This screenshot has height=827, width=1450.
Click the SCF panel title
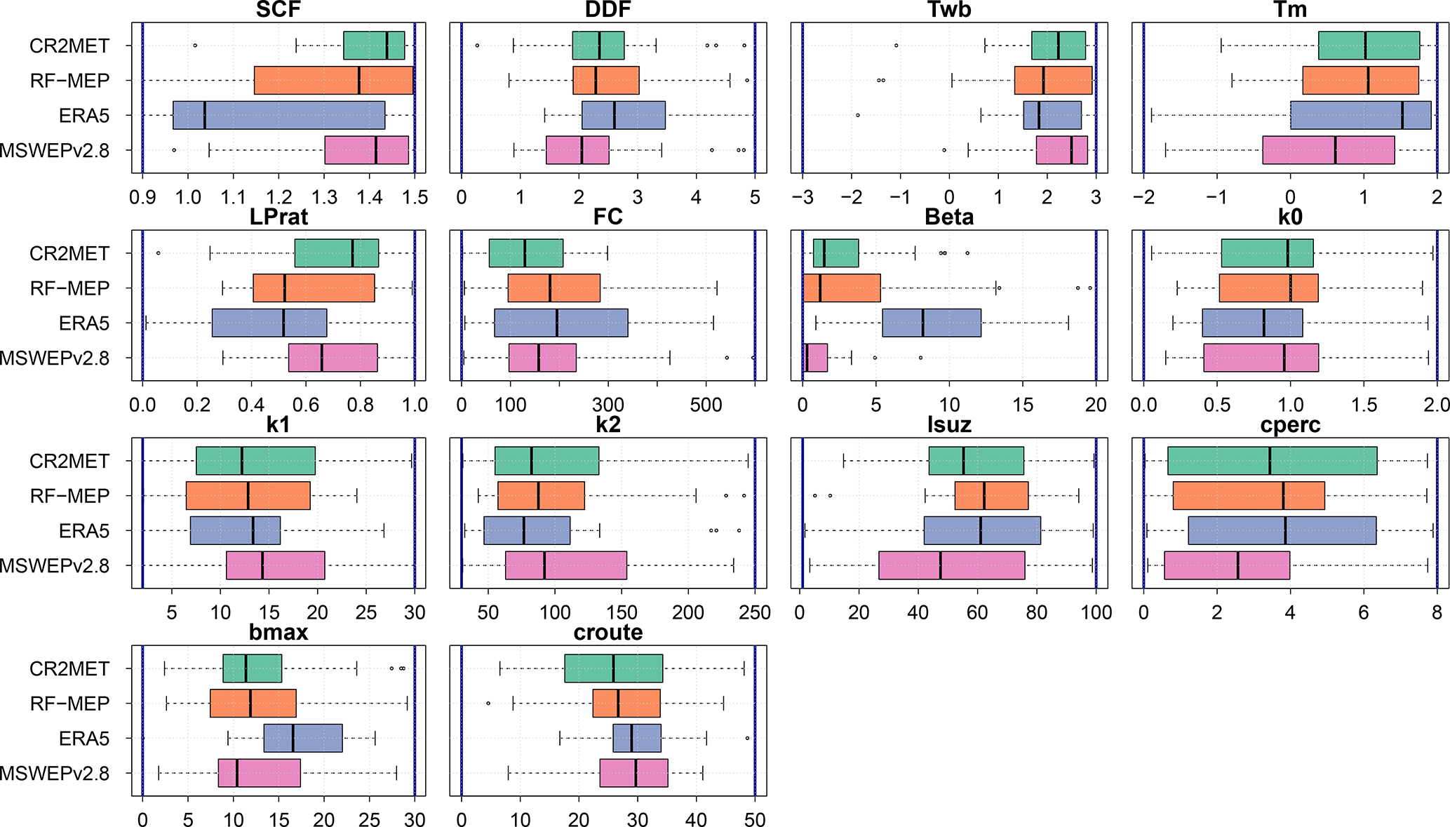pyautogui.click(x=278, y=10)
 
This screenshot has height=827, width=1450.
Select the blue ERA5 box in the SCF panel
pyautogui.click(x=278, y=115)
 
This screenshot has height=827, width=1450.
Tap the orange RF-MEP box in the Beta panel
pyautogui.click(x=841, y=288)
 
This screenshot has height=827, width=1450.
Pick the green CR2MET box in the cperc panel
pyautogui.click(x=1272, y=461)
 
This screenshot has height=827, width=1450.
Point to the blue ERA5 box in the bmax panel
pyautogui.click(x=303, y=738)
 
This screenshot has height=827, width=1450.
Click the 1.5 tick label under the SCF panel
pyautogui.click(x=415, y=197)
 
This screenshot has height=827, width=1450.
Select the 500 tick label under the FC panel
pyautogui.click(x=706, y=405)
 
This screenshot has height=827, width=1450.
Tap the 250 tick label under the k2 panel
pyautogui.click(x=755, y=612)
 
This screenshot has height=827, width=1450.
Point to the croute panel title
pyautogui.click(x=608, y=633)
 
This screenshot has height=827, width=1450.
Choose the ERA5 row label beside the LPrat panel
pyautogui.click(x=84, y=323)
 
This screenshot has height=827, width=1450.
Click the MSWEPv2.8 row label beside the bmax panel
pyautogui.click(x=55, y=773)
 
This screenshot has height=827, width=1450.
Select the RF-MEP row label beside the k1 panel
pyautogui.click(x=69, y=496)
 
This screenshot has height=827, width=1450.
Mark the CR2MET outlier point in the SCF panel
pyautogui.click(x=195, y=46)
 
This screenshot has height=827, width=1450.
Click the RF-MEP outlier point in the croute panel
pyautogui.click(x=488, y=703)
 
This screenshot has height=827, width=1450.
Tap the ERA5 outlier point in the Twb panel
pyautogui.click(x=857, y=115)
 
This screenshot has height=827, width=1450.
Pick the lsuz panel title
pyautogui.click(x=949, y=425)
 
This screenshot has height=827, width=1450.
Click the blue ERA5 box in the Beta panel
pyautogui.click(x=932, y=323)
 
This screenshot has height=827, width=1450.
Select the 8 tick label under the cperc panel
pyautogui.click(x=1437, y=612)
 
